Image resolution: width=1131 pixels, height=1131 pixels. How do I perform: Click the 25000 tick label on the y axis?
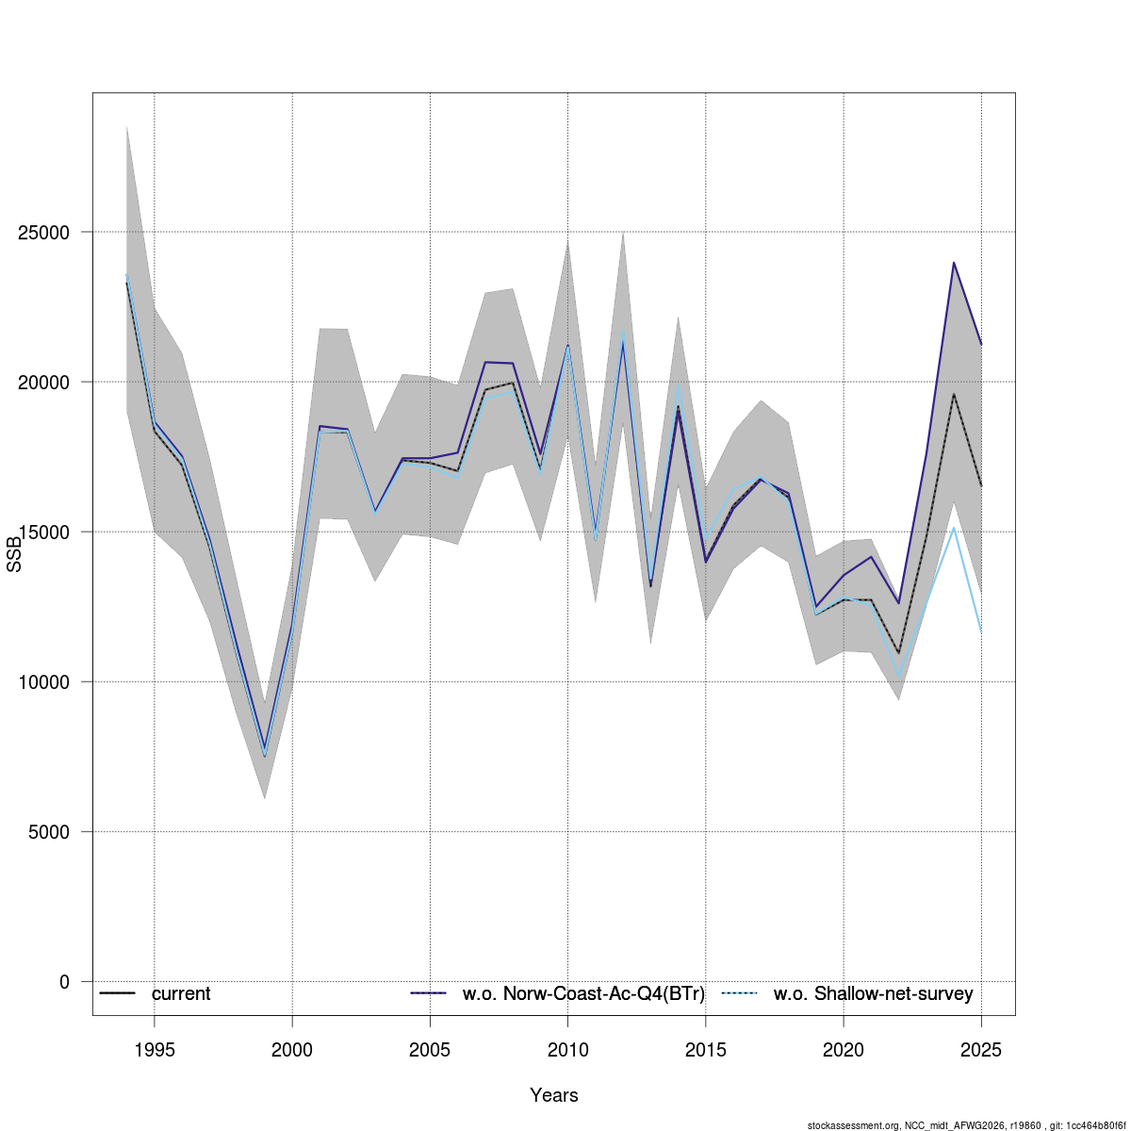coord(43,233)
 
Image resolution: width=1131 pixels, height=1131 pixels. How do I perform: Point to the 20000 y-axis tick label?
coord(43,382)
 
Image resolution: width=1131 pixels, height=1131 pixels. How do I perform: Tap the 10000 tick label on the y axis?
coord(43,682)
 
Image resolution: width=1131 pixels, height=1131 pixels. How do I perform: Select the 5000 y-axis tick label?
coord(49,831)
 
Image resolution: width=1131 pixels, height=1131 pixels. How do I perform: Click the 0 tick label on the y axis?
coord(65,982)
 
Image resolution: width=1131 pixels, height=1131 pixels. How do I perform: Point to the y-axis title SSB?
coord(14,554)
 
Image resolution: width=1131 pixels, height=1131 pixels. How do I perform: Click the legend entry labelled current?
coord(181,993)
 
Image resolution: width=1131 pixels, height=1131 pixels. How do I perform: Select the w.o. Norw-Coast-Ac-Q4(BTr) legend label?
coord(583,993)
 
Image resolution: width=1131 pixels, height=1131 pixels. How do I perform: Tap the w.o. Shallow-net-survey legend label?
coord(873,993)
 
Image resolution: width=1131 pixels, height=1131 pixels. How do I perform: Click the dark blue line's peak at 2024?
coord(954,262)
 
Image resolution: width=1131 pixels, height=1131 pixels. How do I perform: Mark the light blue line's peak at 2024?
coord(954,528)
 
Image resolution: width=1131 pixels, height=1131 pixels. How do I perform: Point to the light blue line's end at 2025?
coord(981,632)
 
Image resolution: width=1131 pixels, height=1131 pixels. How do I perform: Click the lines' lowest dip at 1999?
coord(265,754)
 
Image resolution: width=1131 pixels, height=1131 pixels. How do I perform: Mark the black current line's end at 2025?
coord(981,485)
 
